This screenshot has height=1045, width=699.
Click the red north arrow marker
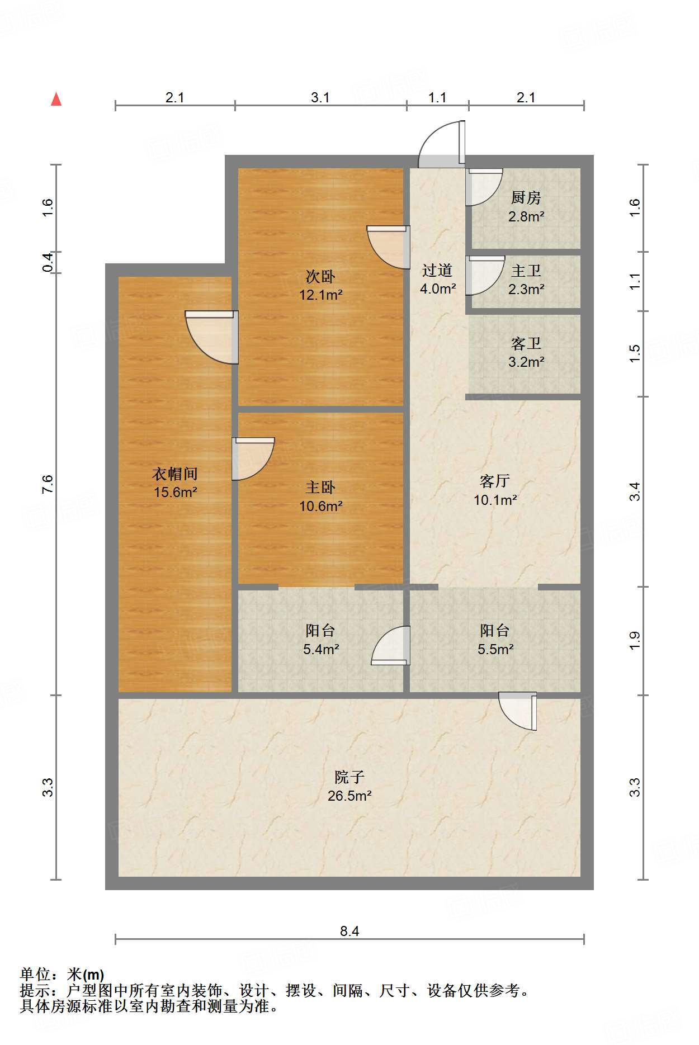click(56, 99)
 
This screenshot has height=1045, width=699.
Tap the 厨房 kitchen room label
click(526, 198)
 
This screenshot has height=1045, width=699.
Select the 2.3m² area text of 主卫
click(526, 289)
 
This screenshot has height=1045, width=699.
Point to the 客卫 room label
click(526, 343)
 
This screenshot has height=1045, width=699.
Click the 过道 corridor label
click(437, 271)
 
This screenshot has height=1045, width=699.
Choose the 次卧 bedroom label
click(320, 276)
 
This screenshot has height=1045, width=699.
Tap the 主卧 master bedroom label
click(320, 487)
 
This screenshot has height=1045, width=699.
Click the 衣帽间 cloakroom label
click(175, 474)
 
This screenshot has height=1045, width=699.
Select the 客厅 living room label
click(495, 481)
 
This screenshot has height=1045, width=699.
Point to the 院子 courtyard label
click(349, 777)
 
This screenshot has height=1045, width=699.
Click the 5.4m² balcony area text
click(321, 649)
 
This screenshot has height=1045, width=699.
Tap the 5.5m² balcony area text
click(495, 649)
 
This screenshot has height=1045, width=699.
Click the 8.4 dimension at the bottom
click(349, 931)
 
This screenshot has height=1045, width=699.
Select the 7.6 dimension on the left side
click(48, 484)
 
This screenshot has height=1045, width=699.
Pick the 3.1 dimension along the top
click(320, 97)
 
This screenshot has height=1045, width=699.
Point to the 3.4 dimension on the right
click(635, 491)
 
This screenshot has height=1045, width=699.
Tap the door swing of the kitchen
click(484, 187)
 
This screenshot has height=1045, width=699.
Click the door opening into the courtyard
click(518, 711)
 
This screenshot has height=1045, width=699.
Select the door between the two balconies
click(390, 646)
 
